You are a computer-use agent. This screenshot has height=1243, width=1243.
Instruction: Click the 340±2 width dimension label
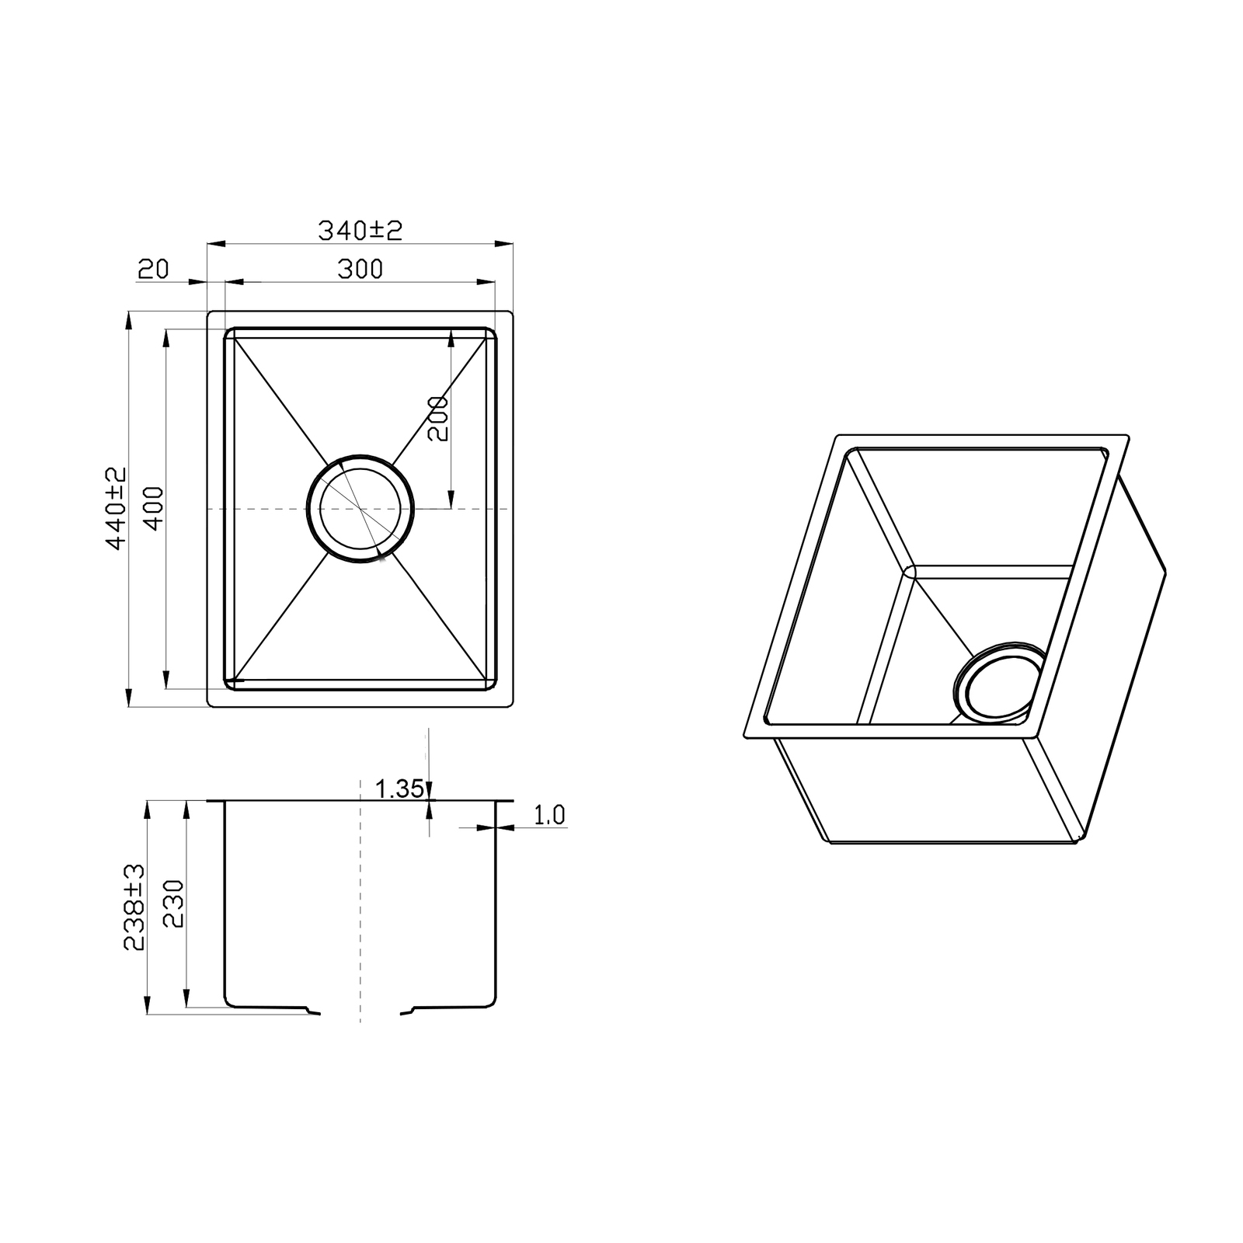click(x=360, y=230)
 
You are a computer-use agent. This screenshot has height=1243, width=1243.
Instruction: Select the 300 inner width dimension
click(x=360, y=269)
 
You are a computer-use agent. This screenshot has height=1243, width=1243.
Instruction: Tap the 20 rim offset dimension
click(x=153, y=269)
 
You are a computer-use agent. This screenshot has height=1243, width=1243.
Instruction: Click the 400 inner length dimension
click(x=154, y=508)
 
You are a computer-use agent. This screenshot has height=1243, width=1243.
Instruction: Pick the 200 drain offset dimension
click(x=438, y=419)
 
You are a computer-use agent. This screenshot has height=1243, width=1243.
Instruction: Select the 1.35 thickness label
click(x=399, y=789)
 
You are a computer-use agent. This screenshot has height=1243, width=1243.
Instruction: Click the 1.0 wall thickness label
click(x=549, y=815)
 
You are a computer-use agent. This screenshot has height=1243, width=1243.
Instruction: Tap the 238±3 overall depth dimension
click(x=134, y=906)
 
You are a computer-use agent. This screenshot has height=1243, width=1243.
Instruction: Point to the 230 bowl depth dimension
click(x=172, y=904)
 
